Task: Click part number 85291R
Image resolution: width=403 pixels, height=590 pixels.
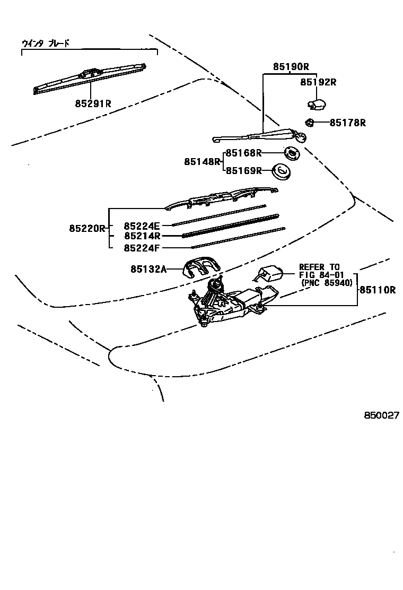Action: [93, 104]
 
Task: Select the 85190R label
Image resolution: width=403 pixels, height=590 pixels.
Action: [291, 67]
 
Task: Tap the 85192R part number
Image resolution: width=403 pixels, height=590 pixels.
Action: [318, 82]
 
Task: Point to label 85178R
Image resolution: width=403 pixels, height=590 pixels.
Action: [347, 123]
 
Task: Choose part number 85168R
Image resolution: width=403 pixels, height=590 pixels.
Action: [243, 153]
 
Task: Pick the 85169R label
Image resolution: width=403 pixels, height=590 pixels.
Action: [243, 170]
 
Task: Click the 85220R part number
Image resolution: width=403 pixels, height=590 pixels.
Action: [86, 229]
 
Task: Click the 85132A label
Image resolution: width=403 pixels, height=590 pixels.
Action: [149, 270]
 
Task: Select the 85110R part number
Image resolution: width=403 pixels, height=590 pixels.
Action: [378, 290]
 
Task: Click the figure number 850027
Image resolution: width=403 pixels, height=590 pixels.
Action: [381, 416]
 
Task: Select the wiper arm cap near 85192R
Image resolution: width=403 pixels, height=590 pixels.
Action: [318, 104]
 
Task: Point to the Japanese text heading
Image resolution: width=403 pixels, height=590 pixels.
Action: [46, 44]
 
